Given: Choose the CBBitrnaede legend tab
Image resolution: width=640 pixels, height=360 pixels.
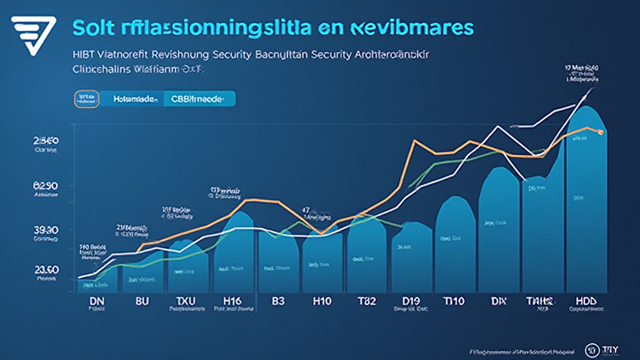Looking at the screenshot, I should click(x=198, y=99).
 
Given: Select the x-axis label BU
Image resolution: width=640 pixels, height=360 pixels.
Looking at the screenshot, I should click(x=142, y=301).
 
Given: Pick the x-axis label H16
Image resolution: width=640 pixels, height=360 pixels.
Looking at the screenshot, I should click(x=232, y=301).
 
